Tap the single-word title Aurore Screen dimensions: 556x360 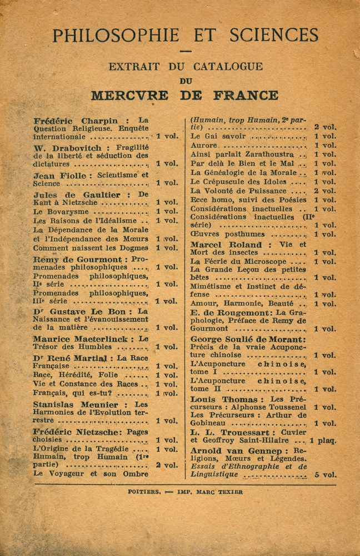203,145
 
